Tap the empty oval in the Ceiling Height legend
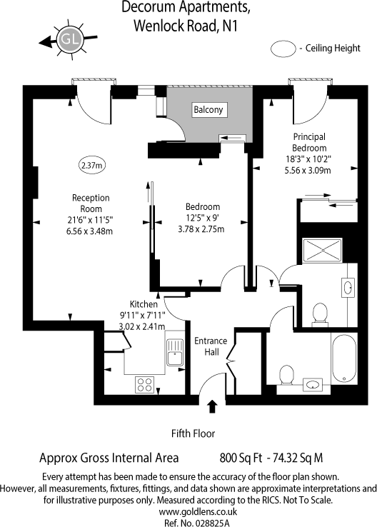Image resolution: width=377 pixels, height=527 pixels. pyautogui.click(x=285, y=49)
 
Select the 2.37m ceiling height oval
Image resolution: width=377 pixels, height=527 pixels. pyautogui.click(x=91, y=165)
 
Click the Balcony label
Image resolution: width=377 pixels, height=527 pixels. pyautogui.click(x=208, y=110)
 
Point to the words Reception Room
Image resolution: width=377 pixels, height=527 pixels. pyautogui.click(x=90, y=203)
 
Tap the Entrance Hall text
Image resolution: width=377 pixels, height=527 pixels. pyautogui.click(x=211, y=346)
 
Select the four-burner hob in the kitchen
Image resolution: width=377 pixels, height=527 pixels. pyautogui.click(x=145, y=383)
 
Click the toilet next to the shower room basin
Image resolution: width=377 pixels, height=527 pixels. pyautogui.click(x=321, y=312)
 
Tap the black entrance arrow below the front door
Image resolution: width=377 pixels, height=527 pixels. pyautogui.click(x=212, y=407)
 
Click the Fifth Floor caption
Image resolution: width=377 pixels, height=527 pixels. pyautogui.click(x=193, y=433)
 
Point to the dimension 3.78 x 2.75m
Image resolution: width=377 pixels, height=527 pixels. pyautogui.click(x=200, y=229)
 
